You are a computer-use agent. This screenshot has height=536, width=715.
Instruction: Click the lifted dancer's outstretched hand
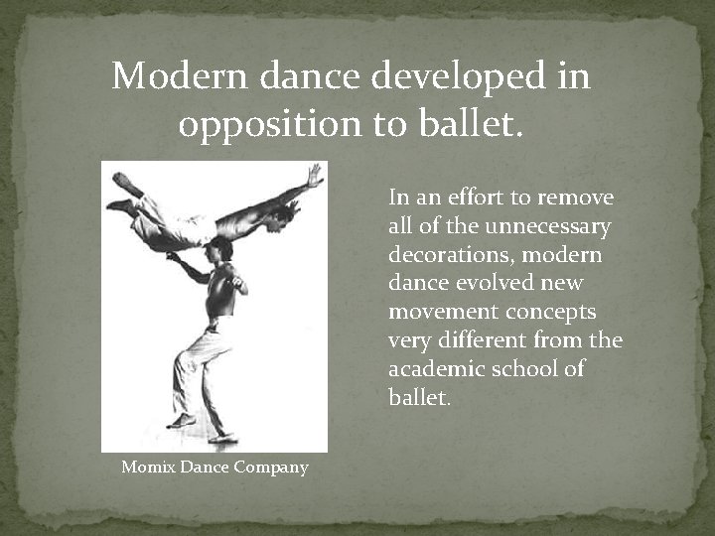click(316, 177)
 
